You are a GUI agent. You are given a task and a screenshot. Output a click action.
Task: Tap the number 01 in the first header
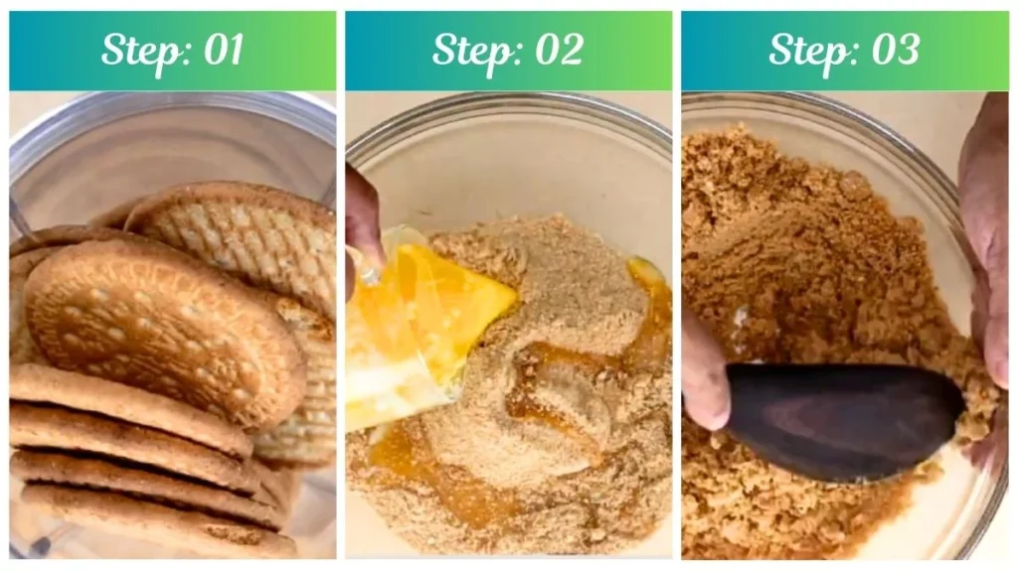point(224,50)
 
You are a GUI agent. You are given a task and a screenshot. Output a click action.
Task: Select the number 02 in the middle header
point(560,50)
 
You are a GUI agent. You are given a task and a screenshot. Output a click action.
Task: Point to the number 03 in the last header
point(896,50)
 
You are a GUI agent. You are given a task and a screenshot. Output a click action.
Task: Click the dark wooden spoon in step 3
point(844,420)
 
